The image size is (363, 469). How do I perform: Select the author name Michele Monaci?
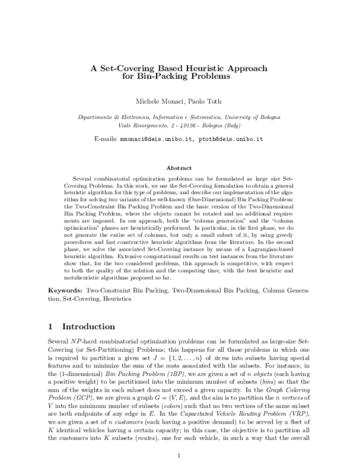coord(159,99)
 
